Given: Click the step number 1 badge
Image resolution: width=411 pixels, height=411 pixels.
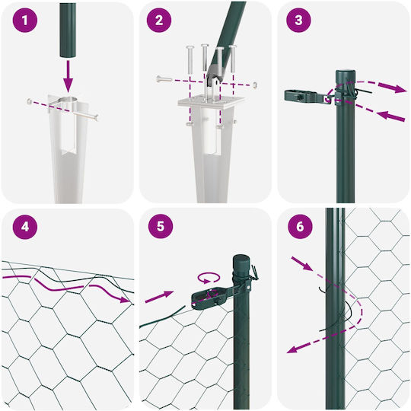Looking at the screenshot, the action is click(x=25, y=21).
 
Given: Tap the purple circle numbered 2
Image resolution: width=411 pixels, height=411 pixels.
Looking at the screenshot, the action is click(x=159, y=21).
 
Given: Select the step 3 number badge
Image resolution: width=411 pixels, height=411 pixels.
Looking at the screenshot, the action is click(x=298, y=21).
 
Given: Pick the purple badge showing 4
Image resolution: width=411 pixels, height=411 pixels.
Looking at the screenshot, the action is click(x=25, y=227).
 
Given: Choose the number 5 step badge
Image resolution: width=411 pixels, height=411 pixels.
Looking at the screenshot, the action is click(x=161, y=226).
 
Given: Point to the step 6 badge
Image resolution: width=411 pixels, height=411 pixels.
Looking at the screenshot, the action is click(x=300, y=226).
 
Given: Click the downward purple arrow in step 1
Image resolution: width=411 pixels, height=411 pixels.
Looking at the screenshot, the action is click(x=68, y=76).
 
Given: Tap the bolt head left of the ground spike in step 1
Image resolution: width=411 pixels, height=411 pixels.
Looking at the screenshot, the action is click(x=30, y=101).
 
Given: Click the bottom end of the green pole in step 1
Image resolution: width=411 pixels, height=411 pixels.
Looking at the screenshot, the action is click(x=68, y=56).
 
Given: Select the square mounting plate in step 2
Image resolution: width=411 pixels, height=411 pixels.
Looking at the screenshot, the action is click(x=212, y=100).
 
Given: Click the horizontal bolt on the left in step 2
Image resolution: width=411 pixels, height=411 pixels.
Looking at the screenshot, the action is click(x=164, y=78).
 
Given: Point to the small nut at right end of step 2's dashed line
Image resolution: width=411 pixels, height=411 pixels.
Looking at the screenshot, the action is click(x=255, y=85).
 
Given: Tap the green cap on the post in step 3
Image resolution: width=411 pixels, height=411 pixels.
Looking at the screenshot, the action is click(x=346, y=76).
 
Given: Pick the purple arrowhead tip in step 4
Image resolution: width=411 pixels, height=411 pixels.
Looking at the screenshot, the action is click(x=129, y=301).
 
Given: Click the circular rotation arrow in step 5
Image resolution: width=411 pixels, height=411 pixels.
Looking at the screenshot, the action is click(x=209, y=278).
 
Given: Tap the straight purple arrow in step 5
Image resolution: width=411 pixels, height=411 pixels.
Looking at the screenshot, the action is click(x=159, y=297).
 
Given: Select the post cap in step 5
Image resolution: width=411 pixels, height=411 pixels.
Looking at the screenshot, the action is click(x=241, y=262).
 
